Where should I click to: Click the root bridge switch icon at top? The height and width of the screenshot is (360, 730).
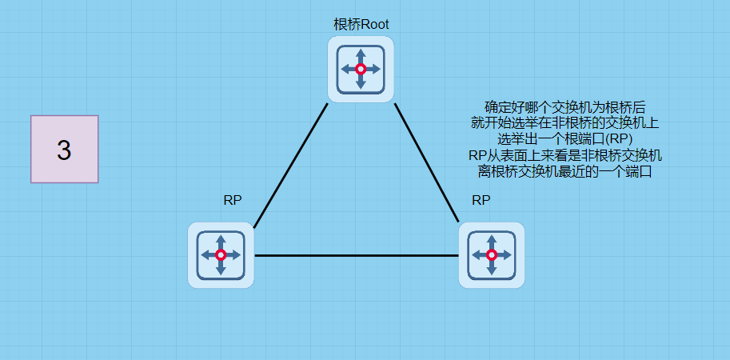click(x=361, y=70)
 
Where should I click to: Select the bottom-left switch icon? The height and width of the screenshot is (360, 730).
click(x=221, y=255)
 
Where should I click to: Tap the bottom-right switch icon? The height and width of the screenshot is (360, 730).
click(x=492, y=255)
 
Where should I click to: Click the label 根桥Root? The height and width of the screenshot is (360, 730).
click(x=361, y=24)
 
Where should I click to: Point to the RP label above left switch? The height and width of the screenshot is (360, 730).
click(x=233, y=200)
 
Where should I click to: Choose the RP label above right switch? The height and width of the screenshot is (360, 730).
click(x=481, y=200)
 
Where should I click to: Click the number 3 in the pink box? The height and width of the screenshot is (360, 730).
click(x=64, y=150)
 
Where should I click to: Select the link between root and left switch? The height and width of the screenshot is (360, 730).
click(x=291, y=164)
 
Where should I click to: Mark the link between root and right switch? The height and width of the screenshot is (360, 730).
click(x=427, y=162)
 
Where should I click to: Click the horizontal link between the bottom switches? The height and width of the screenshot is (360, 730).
click(x=356, y=256)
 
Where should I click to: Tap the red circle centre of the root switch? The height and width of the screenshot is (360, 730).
click(x=361, y=70)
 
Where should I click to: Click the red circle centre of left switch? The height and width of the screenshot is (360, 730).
click(x=221, y=255)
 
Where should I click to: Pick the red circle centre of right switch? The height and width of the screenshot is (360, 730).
click(x=492, y=255)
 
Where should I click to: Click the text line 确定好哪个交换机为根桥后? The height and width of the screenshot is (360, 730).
click(x=565, y=106)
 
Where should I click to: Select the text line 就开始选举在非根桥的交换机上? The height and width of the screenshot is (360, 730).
click(x=565, y=122)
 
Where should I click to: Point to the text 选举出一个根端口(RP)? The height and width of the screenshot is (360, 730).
click(x=565, y=138)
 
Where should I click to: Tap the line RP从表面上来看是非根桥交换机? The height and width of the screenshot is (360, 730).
click(x=565, y=154)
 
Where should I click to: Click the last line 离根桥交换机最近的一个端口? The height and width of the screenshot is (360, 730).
click(x=565, y=170)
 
